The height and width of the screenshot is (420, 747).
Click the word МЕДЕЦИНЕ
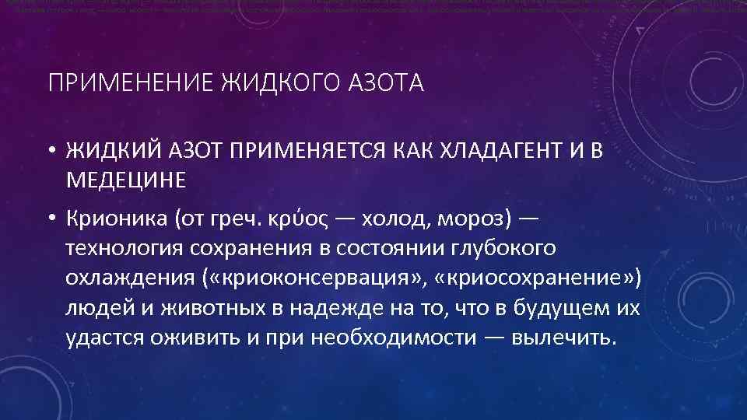(126, 180)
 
